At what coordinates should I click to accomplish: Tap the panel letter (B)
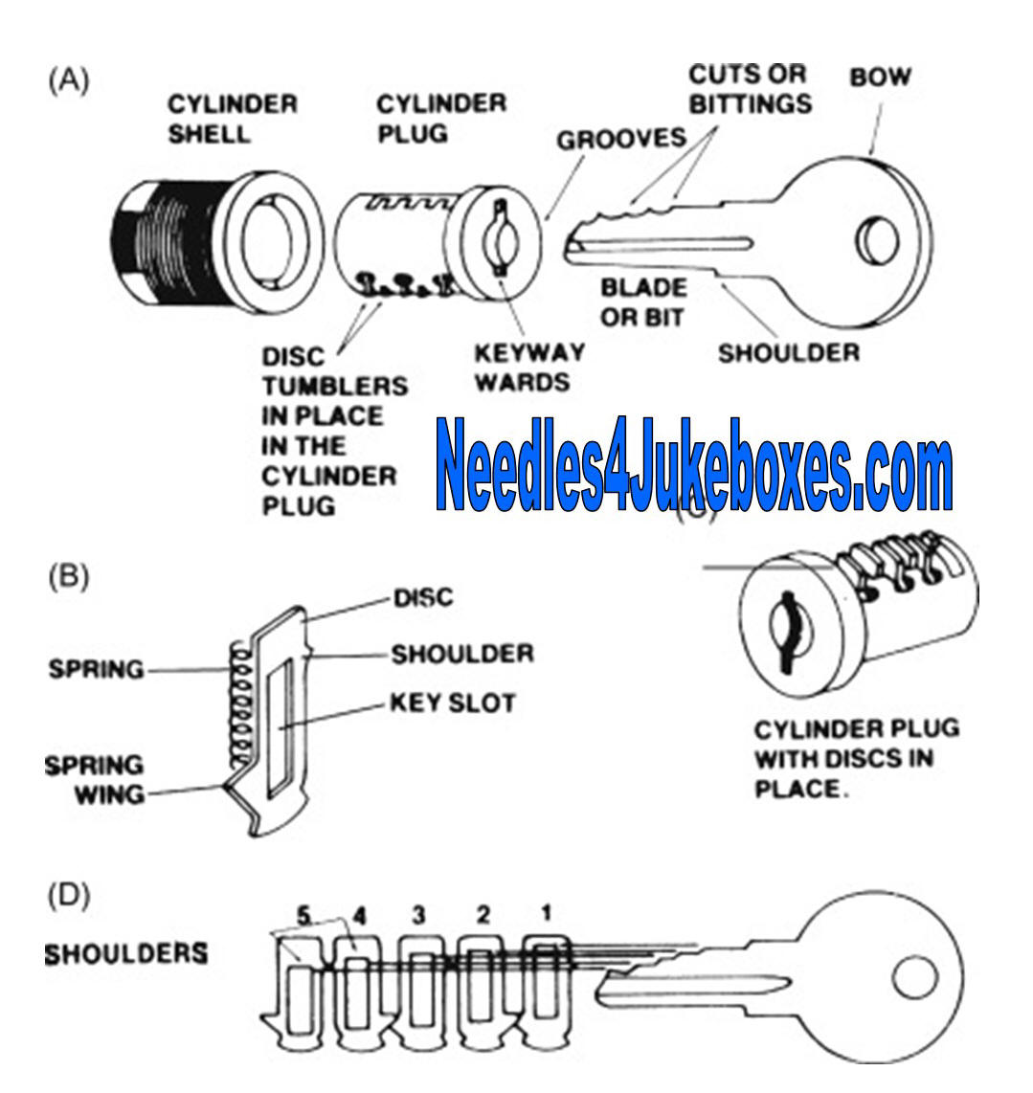(68, 577)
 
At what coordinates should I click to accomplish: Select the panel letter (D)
(68, 897)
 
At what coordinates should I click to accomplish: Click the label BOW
(881, 77)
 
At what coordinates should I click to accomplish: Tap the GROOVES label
(621, 138)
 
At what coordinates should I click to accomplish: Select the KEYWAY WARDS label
(528, 367)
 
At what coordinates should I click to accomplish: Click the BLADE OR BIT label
(643, 301)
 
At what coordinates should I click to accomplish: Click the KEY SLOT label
(452, 703)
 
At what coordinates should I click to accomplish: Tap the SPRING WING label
(95, 779)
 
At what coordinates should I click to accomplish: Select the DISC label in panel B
(423, 598)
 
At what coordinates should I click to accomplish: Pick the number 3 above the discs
(418, 915)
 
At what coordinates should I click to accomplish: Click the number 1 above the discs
(546, 913)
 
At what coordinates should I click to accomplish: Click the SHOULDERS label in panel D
(125, 953)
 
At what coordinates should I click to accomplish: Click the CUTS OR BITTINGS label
(750, 88)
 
